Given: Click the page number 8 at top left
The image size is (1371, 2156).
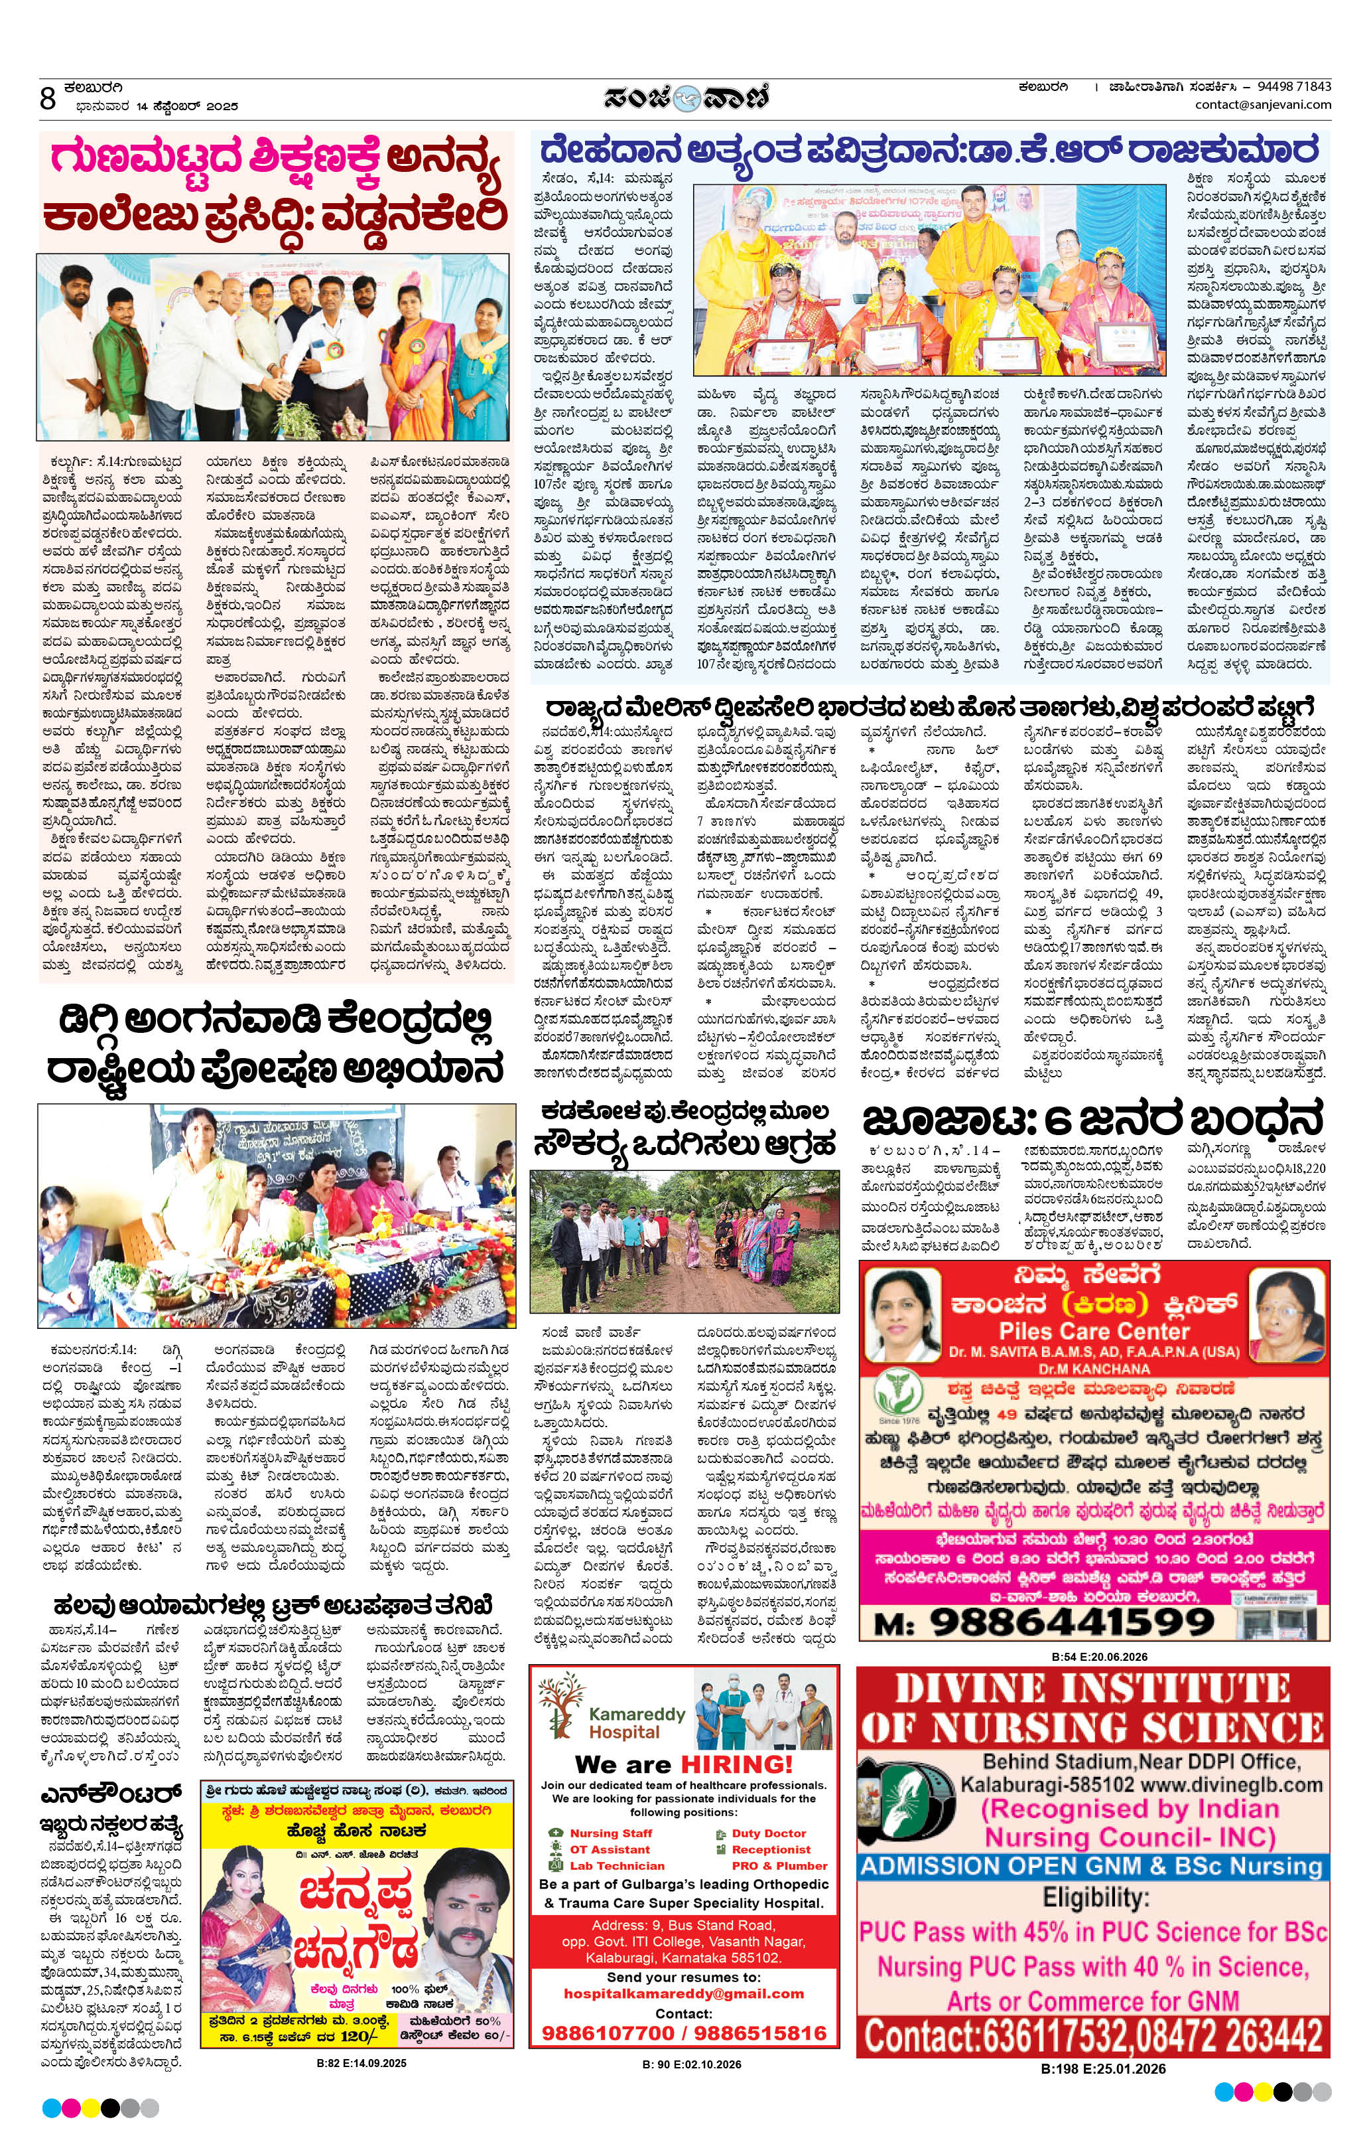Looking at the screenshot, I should click(48, 98).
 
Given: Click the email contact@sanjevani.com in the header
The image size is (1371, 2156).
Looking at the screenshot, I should click(1263, 105).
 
